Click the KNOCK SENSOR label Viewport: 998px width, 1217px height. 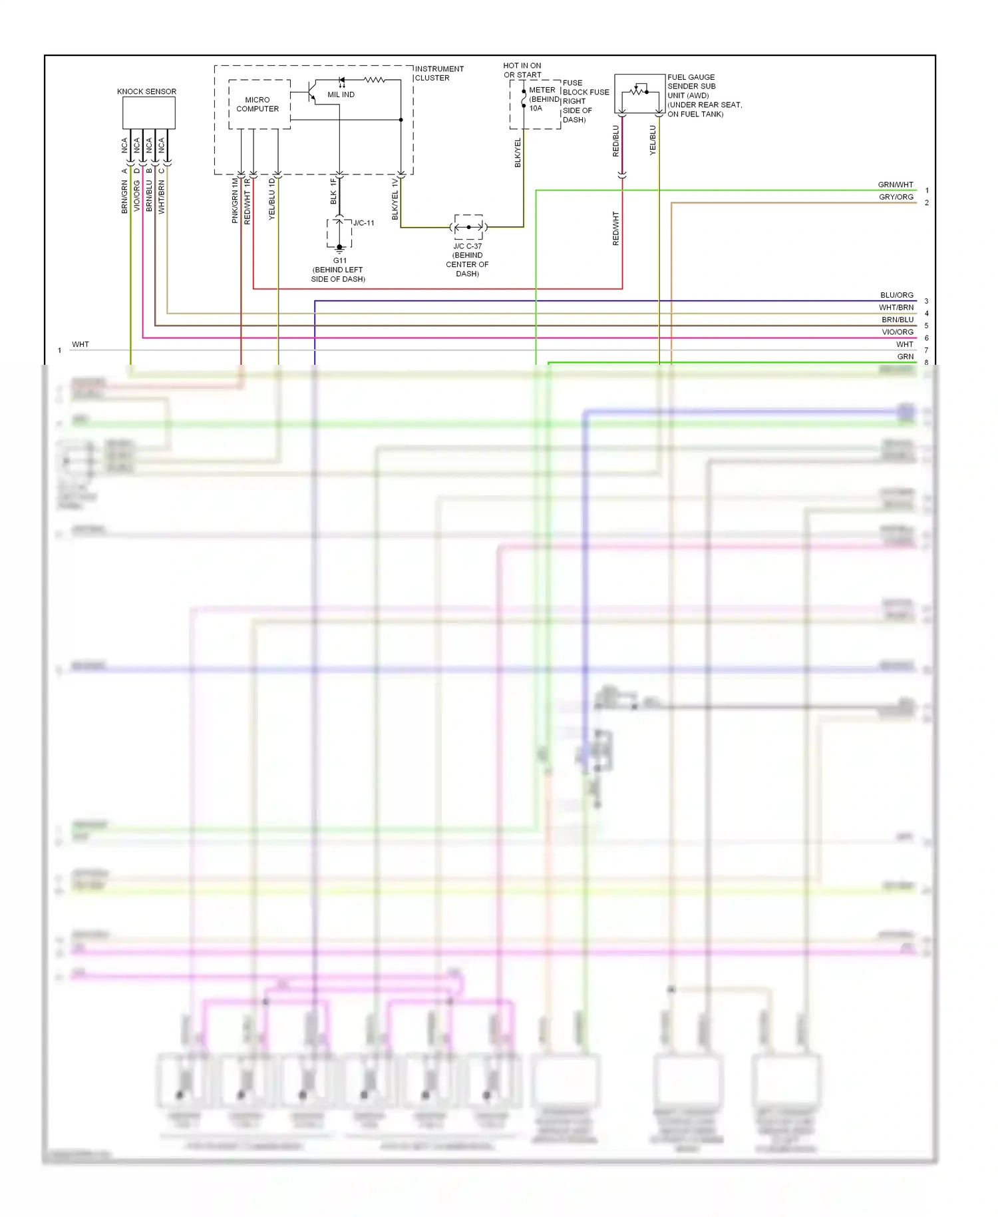click(x=146, y=91)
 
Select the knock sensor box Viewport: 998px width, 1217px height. click(x=148, y=113)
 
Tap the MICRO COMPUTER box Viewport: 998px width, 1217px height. click(x=259, y=105)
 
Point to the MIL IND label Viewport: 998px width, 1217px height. click(x=341, y=95)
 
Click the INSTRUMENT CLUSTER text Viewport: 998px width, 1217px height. click(x=439, y=73)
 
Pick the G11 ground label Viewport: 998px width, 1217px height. click(x=339, y=261)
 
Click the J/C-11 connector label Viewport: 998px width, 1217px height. click(x=363, y=223)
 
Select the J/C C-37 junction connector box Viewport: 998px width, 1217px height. click(x=468, y=227)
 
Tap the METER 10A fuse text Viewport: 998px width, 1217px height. click(x=542, y=99)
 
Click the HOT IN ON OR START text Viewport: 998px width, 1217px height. click(x=522, y=70)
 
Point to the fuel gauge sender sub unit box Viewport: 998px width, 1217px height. click(x=639, y=93)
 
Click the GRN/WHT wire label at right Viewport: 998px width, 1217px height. click(x=896, y=184)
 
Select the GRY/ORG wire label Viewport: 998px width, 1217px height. click(x=896, y=197)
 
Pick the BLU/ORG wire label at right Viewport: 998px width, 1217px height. click(x=896, y=295)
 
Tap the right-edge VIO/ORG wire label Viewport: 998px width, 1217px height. click(x=897, y=332)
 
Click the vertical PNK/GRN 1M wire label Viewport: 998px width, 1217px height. click(x=235, y=200)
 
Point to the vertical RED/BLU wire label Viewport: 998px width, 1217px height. click(x=615, y=141)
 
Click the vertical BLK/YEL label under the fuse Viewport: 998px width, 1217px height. click(x=518, y=152)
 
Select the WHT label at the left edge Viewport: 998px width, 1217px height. click(x=81, y=344)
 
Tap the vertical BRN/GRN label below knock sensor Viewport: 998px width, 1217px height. click(x=124, y=197)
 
